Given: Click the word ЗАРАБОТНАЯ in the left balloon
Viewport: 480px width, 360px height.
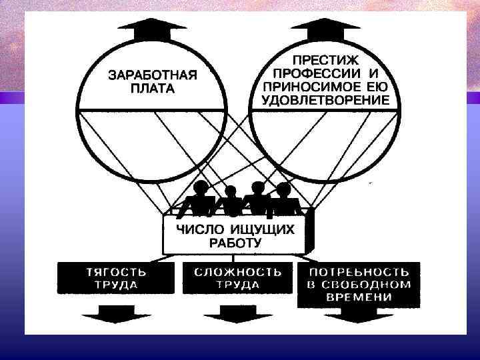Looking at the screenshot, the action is [x=153, y=75].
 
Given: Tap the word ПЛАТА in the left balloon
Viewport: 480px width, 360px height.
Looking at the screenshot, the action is [x=153, y=89].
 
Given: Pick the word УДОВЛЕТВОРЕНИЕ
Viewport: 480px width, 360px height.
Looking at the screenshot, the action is [x=326, y=101].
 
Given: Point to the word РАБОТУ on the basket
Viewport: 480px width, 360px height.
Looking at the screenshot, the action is [x=236, y=243].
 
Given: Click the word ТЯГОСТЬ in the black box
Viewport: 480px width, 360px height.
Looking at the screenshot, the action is [x=117, y=272].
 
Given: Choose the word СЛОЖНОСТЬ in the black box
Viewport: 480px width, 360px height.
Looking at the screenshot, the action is [x=237, y=272].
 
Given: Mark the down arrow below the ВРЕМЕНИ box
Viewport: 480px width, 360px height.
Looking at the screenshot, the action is [x=358, y=319].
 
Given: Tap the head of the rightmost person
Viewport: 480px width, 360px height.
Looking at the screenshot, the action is [x=284, y=189].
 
